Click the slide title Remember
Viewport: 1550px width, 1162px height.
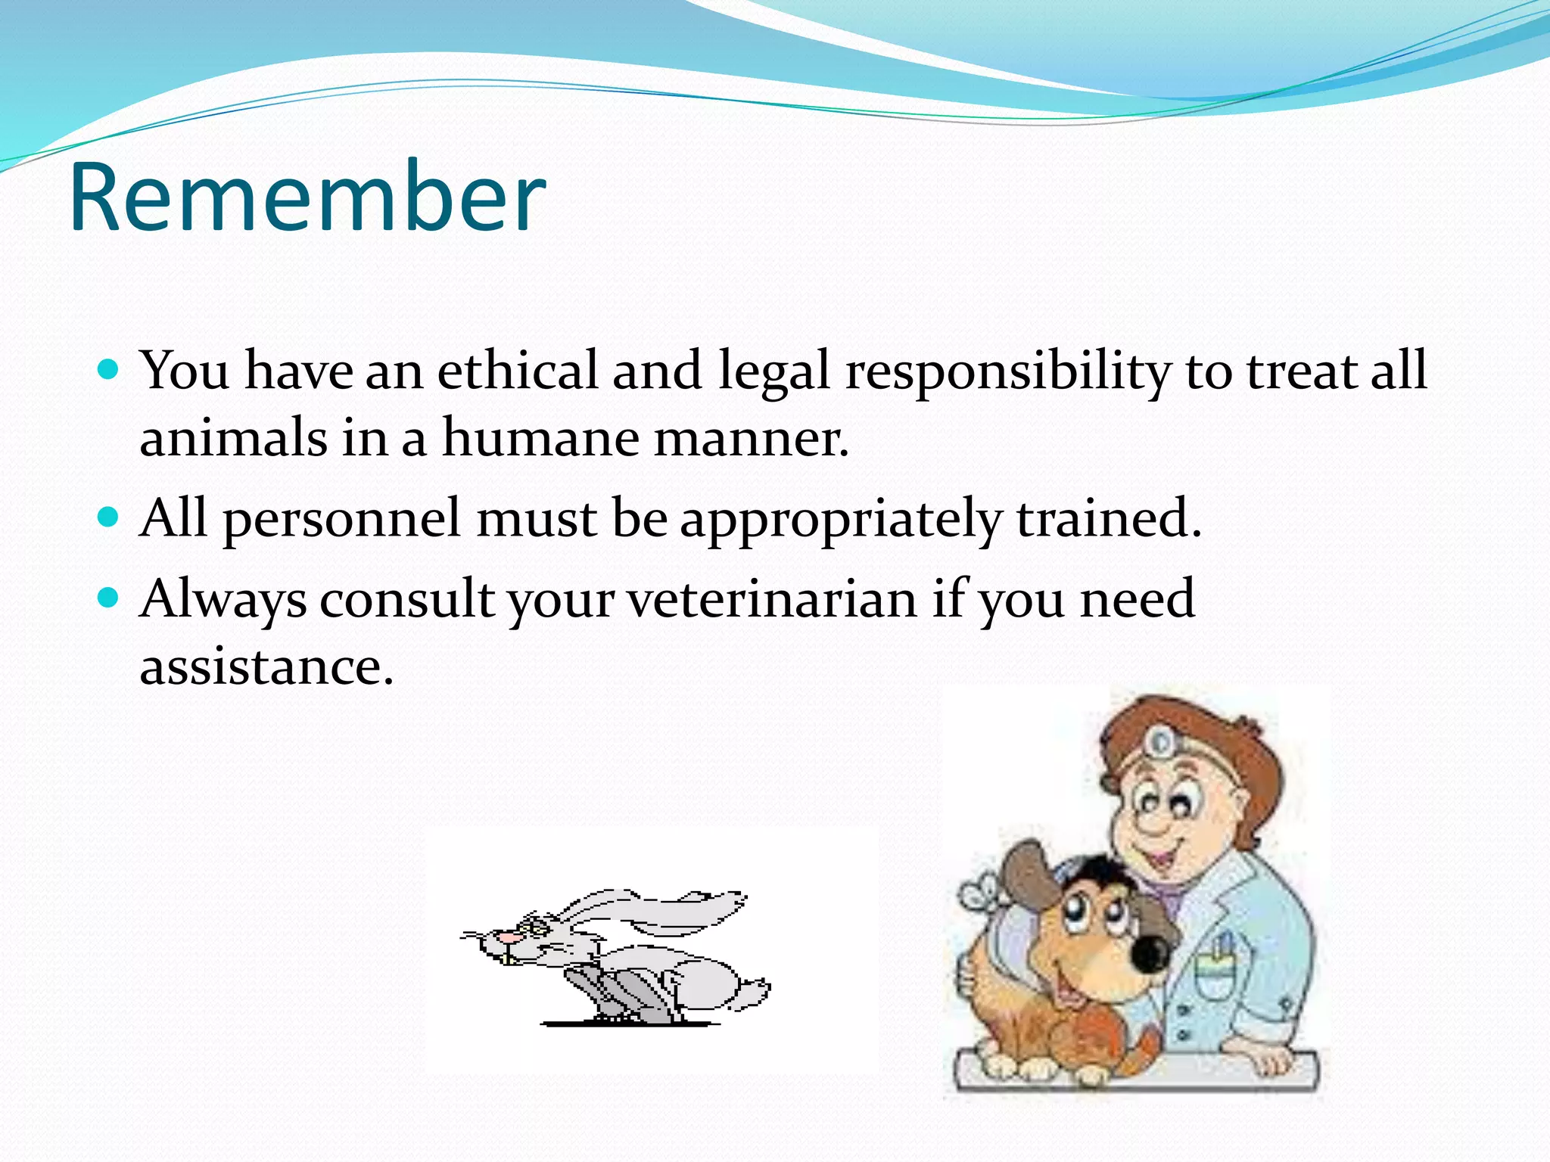307,198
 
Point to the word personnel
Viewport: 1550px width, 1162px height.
341,520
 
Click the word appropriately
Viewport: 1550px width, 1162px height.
841,520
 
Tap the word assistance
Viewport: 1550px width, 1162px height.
266,667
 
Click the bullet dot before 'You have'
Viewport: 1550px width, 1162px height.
109,370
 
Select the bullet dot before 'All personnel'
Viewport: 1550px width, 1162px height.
109,517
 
